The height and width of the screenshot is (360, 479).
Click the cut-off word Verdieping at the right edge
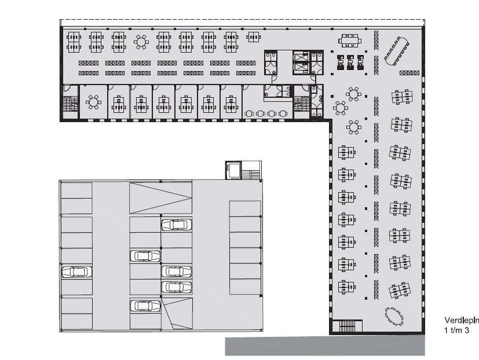[462, 320]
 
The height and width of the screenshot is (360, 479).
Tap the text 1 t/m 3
[456, 330]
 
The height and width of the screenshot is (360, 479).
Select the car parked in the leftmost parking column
[76, 271]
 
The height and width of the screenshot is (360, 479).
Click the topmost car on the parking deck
[176, 225]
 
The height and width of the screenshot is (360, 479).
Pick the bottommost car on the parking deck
[145, 306]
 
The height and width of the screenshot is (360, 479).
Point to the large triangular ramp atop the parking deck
[160, 198]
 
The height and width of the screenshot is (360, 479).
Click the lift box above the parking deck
[234, 170]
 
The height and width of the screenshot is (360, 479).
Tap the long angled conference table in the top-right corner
[397, 51]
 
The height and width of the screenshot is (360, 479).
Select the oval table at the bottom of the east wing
[394, 316]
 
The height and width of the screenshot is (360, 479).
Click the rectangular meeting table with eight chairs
[350, 41]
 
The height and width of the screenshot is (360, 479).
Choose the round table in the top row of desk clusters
[141, 42]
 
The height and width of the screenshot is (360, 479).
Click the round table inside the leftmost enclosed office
[93, 102]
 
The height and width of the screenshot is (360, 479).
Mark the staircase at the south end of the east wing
[347, 326]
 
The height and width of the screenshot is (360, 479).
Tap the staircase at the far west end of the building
[70, 104]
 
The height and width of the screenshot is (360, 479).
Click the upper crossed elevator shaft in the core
[301, 57]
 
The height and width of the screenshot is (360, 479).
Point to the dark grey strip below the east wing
[325, 346]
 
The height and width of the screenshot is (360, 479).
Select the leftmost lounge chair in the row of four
[249, 113]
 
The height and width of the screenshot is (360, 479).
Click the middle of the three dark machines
[350, 63]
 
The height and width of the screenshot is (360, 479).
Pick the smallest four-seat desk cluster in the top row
[254, 37]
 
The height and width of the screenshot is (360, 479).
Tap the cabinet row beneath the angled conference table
[409, 73]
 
